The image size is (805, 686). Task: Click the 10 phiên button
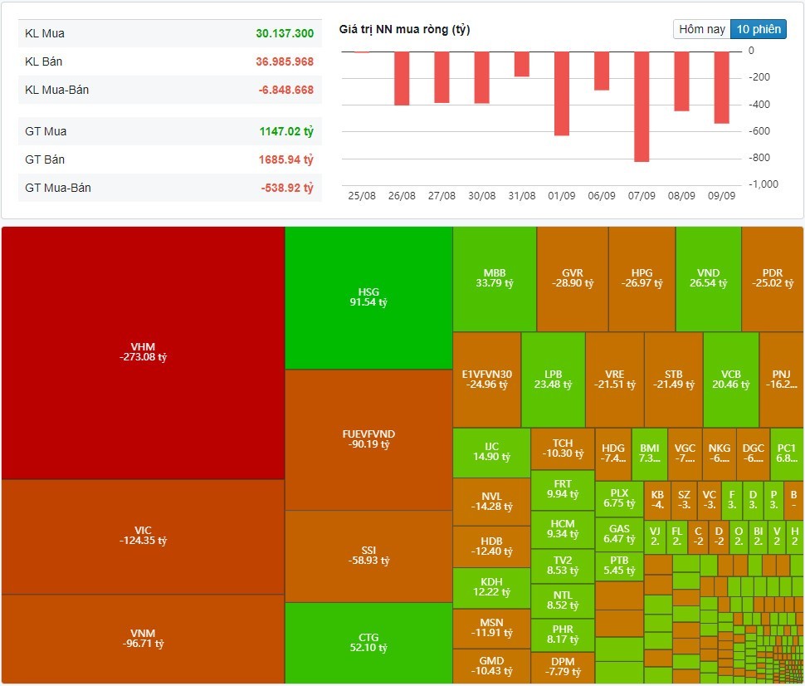pyautogui.click(x=758, y=29)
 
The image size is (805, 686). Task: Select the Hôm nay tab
pyautogui.click(x=702, y=29)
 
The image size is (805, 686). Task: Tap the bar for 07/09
pyautogui.click(x=642, y=106)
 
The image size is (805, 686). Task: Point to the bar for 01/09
pyautogui.click(x=562, y=94)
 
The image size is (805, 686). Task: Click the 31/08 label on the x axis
pyautogui.click(x=521, y=196)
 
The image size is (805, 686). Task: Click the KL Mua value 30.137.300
pyautogui.click(x=285, y=33)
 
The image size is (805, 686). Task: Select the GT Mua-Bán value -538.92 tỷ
pyautogui.click(x=286, y=188)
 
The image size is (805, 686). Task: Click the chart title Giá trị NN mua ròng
pyautogui.click(x=404, y=30)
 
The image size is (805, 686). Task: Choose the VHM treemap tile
pyautogui.click(x=143, y=352)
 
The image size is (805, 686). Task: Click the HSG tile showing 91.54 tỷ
pyautogui.click(x=368, y=297)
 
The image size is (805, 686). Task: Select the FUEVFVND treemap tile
pyautogui.click(x=368, y=439)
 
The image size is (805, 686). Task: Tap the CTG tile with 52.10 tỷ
pyautogui.click(x=368, y=643)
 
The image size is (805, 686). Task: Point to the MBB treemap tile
pyautogui.click(x=495, y=278)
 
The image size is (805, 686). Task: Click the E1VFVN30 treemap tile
pyautogui.click(x=487, y=380)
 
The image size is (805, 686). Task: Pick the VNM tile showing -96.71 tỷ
pyautogui.click(x=143, y=639)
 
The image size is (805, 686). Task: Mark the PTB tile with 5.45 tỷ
pyautogui.click(x=619, y=566)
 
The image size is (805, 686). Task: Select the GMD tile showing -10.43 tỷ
pyautogui.click(x=491, y=666)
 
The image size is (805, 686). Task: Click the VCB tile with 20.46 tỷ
pyautogui.click(x=731, y=380)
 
